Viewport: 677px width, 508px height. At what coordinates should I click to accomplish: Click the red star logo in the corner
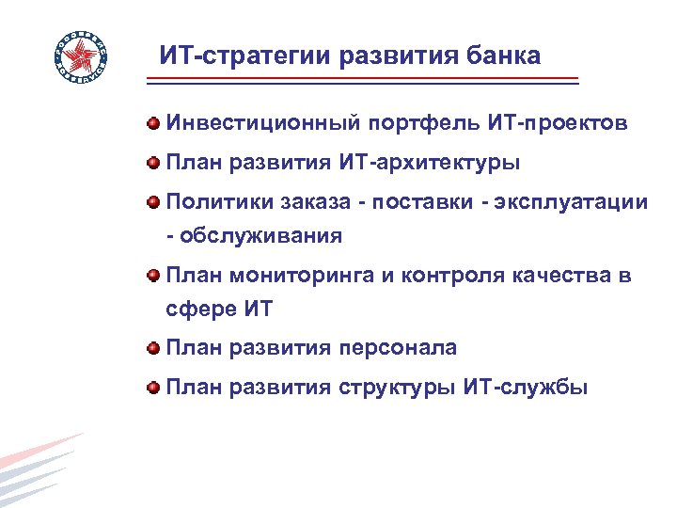(80, 58)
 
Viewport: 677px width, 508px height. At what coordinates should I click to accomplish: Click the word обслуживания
(260, 236)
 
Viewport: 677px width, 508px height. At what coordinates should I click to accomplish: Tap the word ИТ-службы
(526, 388)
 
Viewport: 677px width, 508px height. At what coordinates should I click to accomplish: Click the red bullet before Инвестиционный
(152, 123)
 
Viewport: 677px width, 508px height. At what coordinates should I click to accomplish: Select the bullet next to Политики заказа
(152, 202)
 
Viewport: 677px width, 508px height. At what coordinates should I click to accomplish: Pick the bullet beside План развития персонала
(152, 348)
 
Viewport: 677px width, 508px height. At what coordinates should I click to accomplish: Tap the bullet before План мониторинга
(152, 276)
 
